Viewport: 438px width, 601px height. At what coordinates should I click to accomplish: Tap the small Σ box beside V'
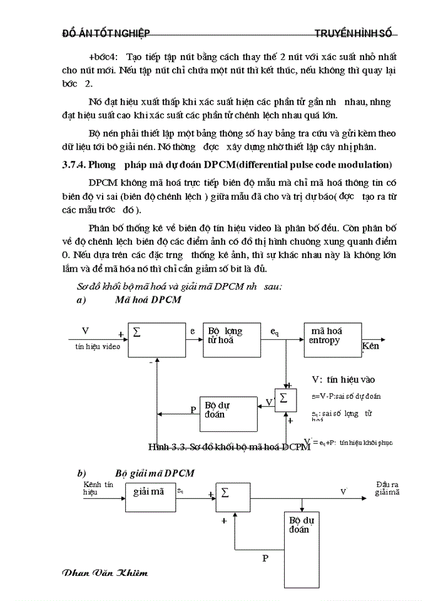click(285, 399)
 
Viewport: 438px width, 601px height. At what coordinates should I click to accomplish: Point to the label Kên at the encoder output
click(370, 346)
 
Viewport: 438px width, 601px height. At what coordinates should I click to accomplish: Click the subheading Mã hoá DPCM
click(148, 300)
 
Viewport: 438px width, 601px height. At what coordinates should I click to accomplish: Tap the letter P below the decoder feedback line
click(265, 558)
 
